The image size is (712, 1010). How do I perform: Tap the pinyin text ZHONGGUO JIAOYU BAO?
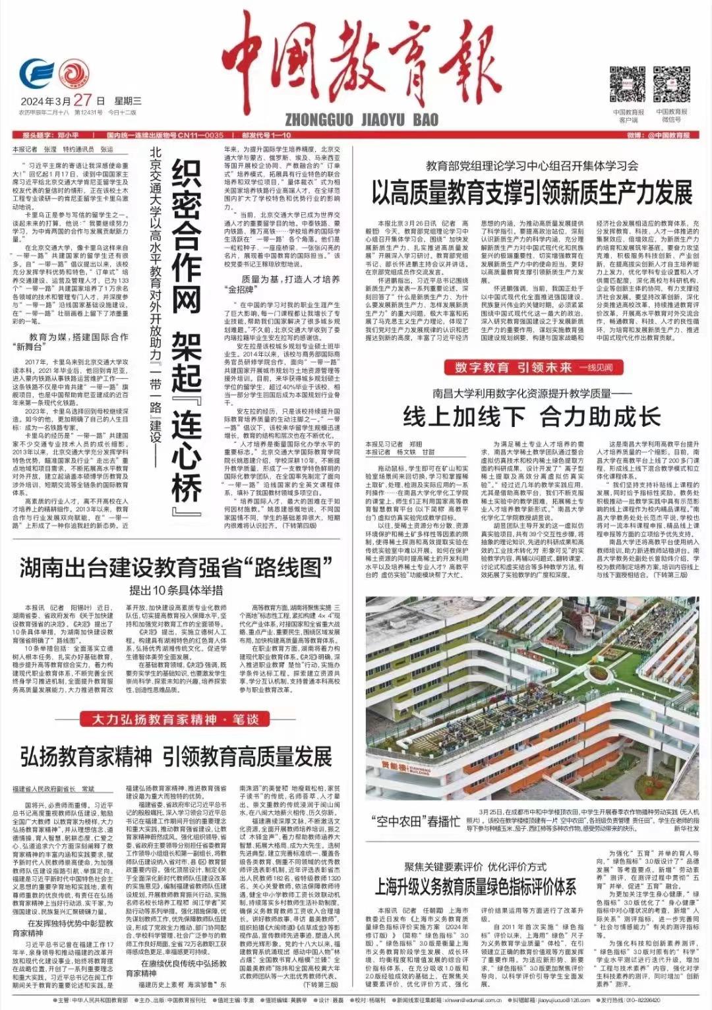(x=361, y=119)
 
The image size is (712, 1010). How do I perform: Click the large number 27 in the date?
(x=82, y=100)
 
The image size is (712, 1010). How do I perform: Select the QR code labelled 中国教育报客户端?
(x=627, y=84)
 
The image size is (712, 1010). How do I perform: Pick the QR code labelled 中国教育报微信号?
(x=671, y=84)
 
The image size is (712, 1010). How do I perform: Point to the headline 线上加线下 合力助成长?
(x=531, y=416)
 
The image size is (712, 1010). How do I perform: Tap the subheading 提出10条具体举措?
(x=175, y=590)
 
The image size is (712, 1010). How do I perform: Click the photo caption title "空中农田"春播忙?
(x=415, y=821)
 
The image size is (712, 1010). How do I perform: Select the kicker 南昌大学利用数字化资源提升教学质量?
(x=531, y=394)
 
